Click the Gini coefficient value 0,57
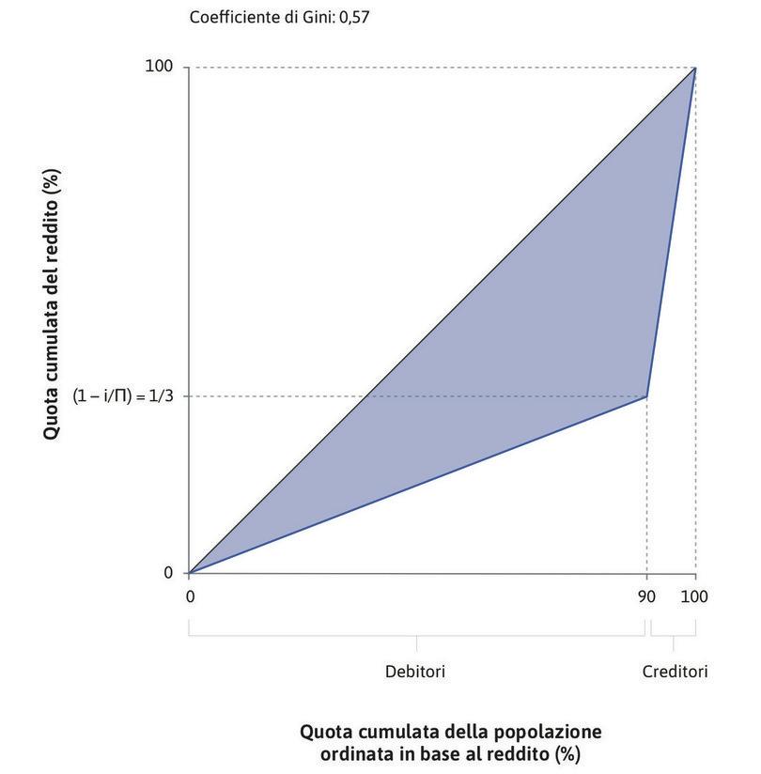tap(354, 17)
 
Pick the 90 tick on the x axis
tap(646, 596)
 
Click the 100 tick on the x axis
tap(695, 596)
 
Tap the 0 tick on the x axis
tap(189, 596)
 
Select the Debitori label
tap(415, 672)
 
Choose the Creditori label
tap(675, 672)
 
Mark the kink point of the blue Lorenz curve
tap(646, 396)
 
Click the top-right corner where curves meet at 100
tap(695, 68)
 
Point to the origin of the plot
tap(189, 572)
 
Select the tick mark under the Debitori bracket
tap(416, 642)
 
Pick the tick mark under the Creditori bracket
tap(674, 642)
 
